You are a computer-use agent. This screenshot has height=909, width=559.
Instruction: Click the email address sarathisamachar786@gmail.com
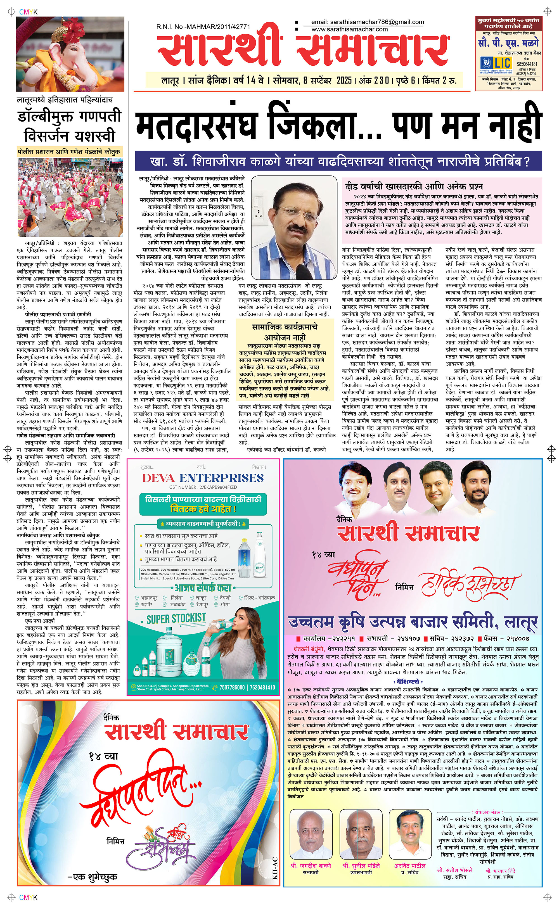(368, 22)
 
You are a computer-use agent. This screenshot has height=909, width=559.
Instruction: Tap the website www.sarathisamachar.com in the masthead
(349, 29)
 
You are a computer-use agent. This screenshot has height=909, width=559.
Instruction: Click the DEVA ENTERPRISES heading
(203, 478)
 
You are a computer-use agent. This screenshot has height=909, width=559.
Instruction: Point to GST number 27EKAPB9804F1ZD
(203, 487)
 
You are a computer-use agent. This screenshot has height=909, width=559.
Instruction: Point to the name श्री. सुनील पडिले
(361, 865)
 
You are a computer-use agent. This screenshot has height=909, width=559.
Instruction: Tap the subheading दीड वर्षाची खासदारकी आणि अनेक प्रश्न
(414, 186)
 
